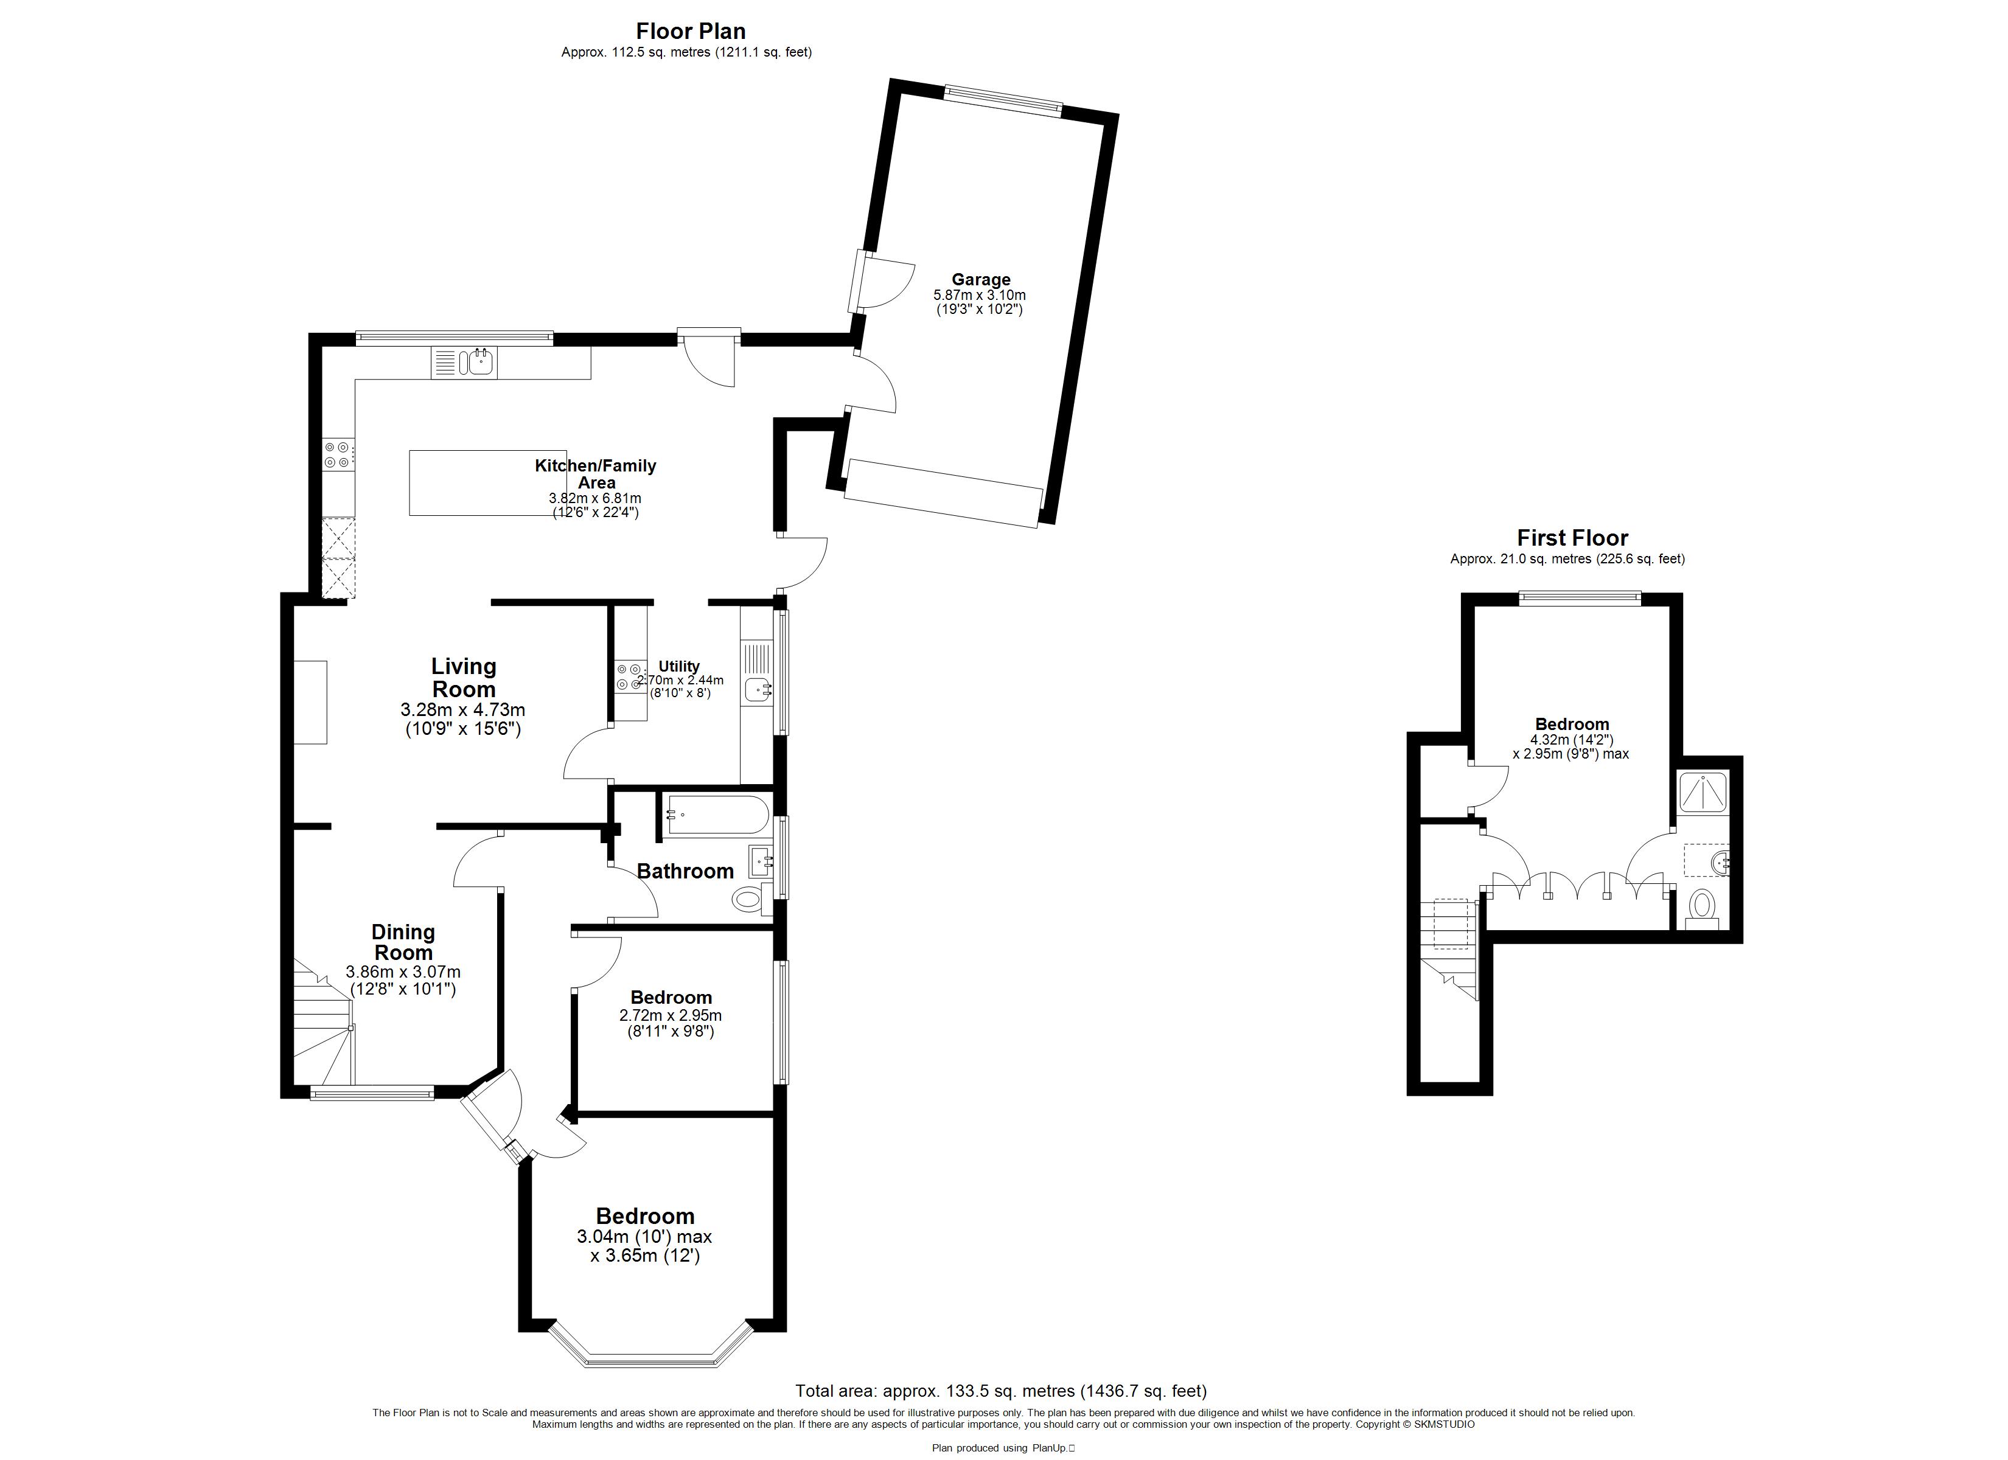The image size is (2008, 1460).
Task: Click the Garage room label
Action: (x=981, y=280)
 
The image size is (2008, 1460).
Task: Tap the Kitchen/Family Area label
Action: (x=596, y=474)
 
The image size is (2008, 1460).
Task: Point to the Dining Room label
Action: (x=403, y=942)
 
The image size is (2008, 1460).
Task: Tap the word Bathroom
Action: (x=685, y=871)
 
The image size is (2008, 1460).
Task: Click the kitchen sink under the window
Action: (x=481, y=362)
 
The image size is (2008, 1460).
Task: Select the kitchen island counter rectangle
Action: (x=488, y=482)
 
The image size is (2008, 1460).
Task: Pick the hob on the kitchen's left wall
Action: (x=337, y=455)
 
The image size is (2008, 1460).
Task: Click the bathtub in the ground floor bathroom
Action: (x=717, y=815)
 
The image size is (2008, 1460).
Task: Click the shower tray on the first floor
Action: (x=1703, y=791)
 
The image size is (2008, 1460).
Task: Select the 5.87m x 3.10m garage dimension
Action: (x=980, y=295)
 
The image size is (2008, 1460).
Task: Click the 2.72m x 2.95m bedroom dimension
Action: (x=670, y=1015)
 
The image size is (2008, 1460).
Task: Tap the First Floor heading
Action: (x=1572, y=537)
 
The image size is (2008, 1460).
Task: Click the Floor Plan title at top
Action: (x=691, y=31)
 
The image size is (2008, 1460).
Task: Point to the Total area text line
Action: (x=1000, y=1391)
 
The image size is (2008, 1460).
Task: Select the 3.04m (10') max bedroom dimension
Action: (x=644, y=1237)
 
